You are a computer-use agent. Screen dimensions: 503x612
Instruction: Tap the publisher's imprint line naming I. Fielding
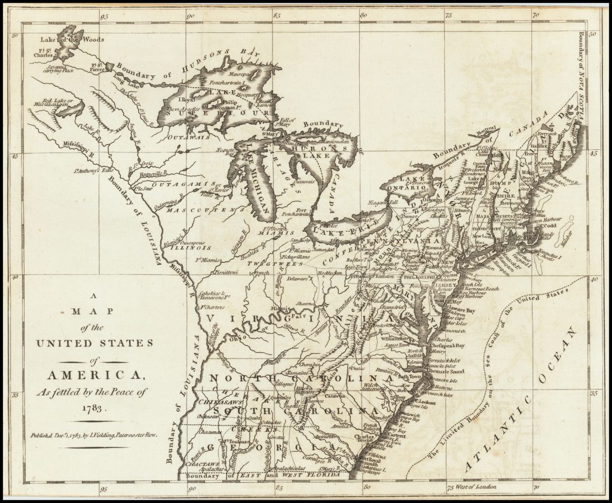coord(94,435)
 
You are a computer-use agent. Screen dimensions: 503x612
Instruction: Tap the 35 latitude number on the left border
coord(16,395)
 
